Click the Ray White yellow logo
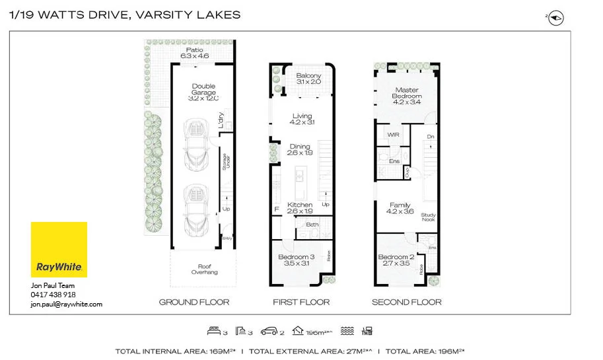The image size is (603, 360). coord(59,250)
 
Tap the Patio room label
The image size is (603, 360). coord(194,53)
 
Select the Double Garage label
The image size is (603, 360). coord(203,92)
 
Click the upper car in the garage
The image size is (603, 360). coord(195,143)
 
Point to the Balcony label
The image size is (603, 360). coord(308,79)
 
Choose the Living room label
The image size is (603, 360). coord(302,119)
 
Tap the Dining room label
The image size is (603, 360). coord(300,149)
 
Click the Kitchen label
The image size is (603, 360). coord(300,208)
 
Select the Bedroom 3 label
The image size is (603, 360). coord(297,260)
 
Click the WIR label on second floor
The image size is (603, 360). coord(394,134)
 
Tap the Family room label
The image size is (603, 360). coord(400,209)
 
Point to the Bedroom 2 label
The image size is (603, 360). coord(396,260)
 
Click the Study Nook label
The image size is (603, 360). coord(428,217)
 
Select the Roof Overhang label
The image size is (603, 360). coord(204,269)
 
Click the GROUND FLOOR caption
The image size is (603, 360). coord(194,302)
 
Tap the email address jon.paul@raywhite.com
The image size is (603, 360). coord(66,305)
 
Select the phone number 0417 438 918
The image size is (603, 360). coord(53,295)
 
